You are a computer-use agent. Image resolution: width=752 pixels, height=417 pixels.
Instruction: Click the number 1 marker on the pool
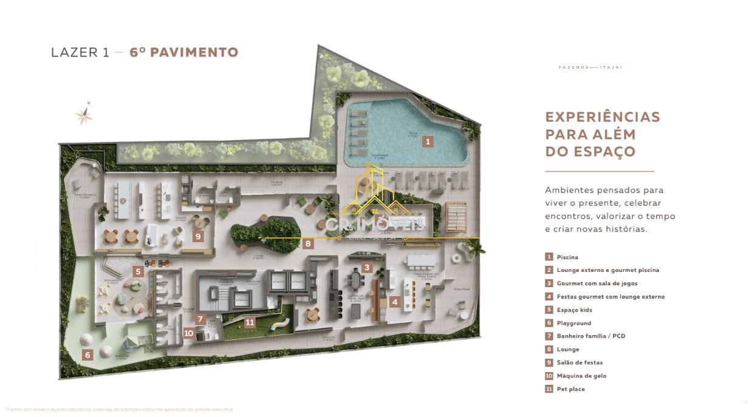(428, 141)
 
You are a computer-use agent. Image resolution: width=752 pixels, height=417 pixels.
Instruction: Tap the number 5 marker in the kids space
(138, 271)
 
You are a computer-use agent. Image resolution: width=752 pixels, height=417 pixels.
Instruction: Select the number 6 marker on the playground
(88, 355)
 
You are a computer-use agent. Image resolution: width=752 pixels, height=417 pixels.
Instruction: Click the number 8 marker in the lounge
(309, 244)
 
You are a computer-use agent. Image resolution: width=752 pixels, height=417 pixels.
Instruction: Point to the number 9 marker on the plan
(198, 236)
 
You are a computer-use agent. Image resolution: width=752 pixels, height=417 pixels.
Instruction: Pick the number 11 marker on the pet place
(250, 322)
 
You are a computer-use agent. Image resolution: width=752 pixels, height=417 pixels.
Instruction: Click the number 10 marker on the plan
(189, 333)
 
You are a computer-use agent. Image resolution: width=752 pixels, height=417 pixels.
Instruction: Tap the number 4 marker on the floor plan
(394, 302)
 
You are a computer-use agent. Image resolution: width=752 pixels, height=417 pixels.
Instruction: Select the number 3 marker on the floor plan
(366, 267)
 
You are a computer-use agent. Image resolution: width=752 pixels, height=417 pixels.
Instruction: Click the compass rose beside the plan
(84, 114)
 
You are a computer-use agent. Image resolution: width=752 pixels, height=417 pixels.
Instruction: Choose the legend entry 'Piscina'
(567, 257)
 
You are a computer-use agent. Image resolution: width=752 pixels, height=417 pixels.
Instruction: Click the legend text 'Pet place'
(570, 389)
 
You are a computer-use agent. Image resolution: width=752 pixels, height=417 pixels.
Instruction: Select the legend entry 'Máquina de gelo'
(581, 376)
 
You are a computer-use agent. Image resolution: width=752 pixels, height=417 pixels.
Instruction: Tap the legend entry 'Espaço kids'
(574, 310)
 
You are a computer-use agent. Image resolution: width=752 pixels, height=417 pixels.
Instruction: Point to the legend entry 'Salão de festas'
(579, 362)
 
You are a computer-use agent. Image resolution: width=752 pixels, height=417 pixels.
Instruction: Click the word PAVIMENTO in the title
(194, 52)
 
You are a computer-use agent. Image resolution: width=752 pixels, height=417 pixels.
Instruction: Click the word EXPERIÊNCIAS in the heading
(602, 117)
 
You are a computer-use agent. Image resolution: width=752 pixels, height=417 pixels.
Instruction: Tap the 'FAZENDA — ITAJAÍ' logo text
(590, 67)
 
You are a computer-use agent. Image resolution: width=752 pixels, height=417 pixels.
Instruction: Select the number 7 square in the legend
(549, 336)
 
